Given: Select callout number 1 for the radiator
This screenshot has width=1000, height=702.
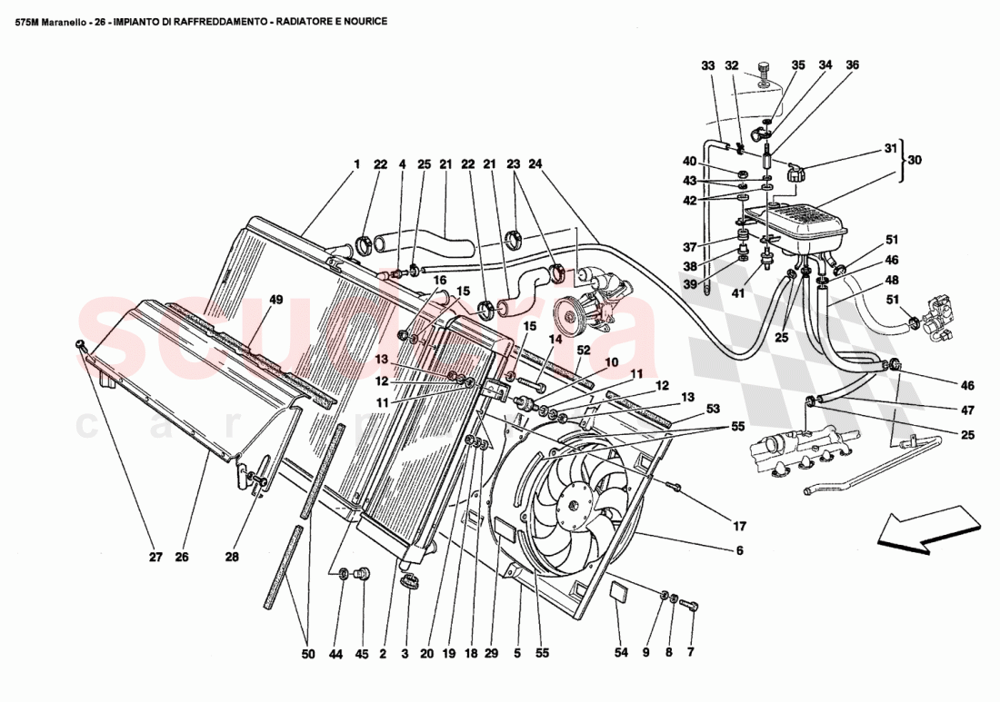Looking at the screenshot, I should click(x=356, y=165).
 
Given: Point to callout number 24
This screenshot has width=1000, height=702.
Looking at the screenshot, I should click(x=535, y=165).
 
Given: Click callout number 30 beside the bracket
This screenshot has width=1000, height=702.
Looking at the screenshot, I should click(x=914, y=160).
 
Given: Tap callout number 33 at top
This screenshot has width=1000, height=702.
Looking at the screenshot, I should click(x=708, y=65).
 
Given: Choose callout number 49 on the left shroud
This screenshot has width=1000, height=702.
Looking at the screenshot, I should click(x=276, y=300).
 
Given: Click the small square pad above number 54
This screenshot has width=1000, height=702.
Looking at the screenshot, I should click(x=618, y=592).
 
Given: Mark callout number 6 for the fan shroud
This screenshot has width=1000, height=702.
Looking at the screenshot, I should click(x=740, y=550).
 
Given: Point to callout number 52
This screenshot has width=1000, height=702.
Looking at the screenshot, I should click(x=583, y=349).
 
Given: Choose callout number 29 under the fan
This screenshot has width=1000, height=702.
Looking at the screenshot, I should click(x=491, y=652).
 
